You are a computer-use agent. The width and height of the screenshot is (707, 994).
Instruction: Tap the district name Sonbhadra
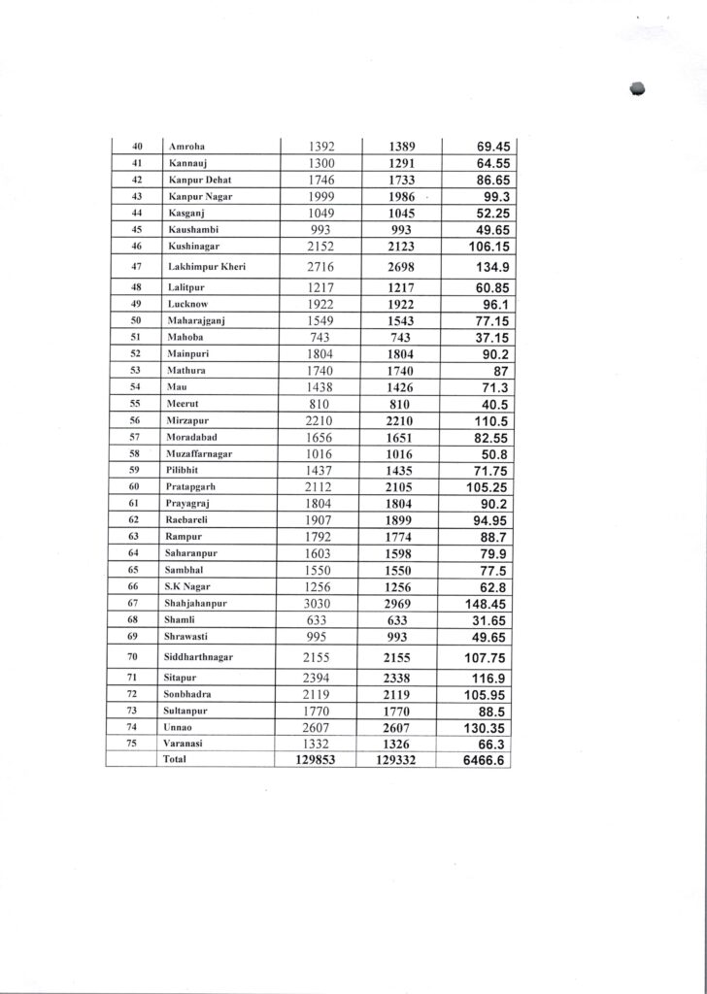point(190,695)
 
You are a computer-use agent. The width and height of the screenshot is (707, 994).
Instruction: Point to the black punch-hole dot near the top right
point(638,88)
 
